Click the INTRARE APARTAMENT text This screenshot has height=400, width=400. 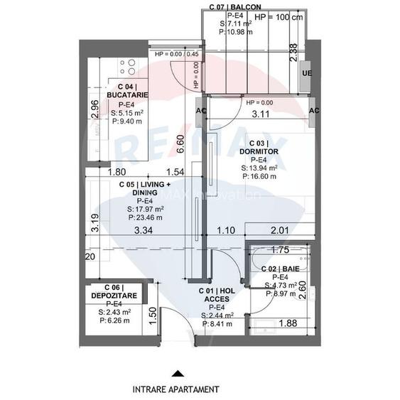175,389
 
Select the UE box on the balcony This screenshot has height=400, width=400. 306,73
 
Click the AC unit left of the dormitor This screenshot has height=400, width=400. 200,111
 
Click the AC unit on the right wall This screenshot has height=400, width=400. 314,111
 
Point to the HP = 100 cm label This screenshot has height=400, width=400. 278,17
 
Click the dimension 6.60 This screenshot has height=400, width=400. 180,144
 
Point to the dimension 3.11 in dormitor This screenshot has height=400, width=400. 261,113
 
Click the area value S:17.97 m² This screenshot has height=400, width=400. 146,210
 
